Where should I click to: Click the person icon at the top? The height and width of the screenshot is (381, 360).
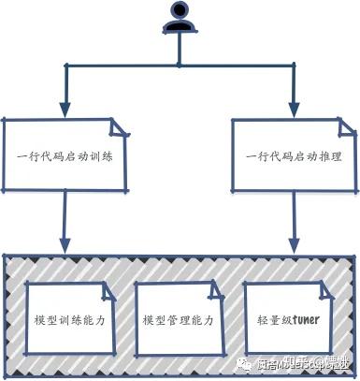tap(179, 19)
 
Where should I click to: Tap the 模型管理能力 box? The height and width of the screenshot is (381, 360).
tap(179, 319)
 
